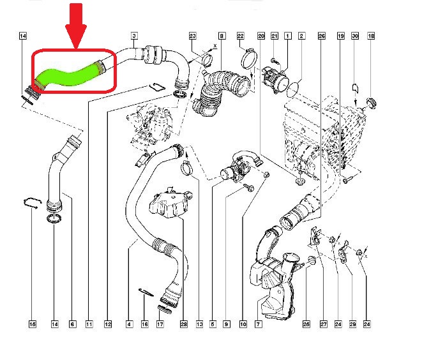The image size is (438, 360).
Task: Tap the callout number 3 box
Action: pos(134,36)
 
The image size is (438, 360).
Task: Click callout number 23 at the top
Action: pos(192,36)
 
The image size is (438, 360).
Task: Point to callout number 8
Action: pos(222,36)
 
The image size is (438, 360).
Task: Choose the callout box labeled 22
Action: pos(241,36)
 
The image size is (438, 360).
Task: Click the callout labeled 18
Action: pos(371,36)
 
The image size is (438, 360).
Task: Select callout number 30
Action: pos(355,36)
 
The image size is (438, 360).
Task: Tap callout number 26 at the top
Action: pos(321,36)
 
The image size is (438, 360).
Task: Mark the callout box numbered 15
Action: pos(33,324)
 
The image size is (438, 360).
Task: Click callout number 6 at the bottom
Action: pos(72,324)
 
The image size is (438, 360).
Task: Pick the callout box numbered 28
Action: pos(184,324)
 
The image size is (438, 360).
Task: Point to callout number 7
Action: pos(259,324)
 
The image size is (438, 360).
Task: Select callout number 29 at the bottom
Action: pos(351,324)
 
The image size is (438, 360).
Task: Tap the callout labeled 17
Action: pos(160,324)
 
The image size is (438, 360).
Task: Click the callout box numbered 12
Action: pos(107,324)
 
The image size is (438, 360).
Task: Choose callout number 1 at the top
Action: pos(287,36)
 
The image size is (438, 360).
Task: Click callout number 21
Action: pos(275,36)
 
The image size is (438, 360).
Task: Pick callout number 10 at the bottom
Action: pos(243,324)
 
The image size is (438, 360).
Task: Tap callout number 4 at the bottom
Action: pos(129,324)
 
